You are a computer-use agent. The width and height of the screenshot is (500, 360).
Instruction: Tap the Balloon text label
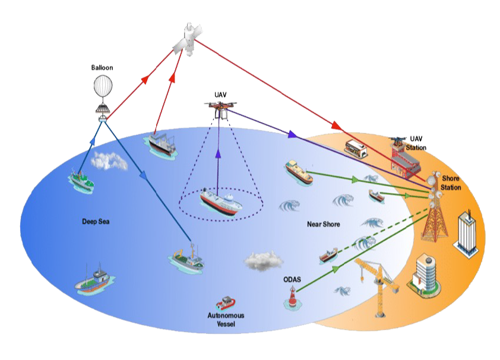pyautogui.click(x=102, y=68)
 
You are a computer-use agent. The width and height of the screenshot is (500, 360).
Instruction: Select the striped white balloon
pyautogui.click(x=103, y=86)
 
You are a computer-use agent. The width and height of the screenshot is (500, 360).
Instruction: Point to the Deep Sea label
pyautogui.click(x=96, y=222)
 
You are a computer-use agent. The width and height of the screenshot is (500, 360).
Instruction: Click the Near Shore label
pyautogui.click(x=324, y=224)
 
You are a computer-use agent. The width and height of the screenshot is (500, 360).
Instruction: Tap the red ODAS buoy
pyautogui.click(x=292, y=298)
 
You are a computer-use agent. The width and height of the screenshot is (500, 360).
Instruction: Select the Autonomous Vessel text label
pyautogui.click(x=226, y=320)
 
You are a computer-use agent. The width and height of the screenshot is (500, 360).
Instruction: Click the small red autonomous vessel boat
pyautogui.click(x=226, y=303)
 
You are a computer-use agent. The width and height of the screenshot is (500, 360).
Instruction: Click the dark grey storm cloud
pyautogui.click(x=264, y=261)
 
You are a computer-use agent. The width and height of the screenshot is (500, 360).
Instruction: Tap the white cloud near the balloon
pyautogui.click(x=109, y=160)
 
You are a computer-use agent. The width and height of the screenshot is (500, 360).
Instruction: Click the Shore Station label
pyautogui.click(x=451, y=183)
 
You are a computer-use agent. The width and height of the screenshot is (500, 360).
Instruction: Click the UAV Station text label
pyautogui.click(x=416, y=143)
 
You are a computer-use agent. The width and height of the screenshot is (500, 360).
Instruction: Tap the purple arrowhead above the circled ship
pyautogui.click(x=218, y=154)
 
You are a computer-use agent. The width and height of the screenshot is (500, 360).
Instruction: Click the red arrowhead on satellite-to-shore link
pyautogui.click(x=337, y=125)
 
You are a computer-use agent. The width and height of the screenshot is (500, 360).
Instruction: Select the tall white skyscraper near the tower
pyautogui.click(x=466, y=233)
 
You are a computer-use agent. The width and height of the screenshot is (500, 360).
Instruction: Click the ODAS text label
pyautogui.click(x=292, y=280)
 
